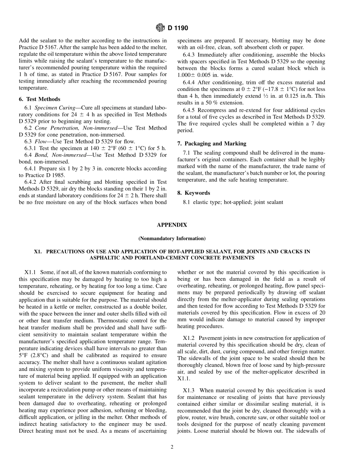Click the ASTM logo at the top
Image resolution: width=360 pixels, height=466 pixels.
pyautogui.click(x=161, y=28)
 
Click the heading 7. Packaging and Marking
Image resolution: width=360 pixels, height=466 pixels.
pyautogui.click(x=211, y=144)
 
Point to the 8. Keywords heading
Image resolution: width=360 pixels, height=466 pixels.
pyautogui.click(x=194, y=193)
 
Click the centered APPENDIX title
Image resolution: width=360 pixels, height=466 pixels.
pyautogui.click(x=172, y=225)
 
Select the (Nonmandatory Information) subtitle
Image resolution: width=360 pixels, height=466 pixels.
pyautogui.click(x=172, y=239)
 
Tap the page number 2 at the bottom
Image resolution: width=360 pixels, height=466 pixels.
pyautogui.click(x=172, y=447)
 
